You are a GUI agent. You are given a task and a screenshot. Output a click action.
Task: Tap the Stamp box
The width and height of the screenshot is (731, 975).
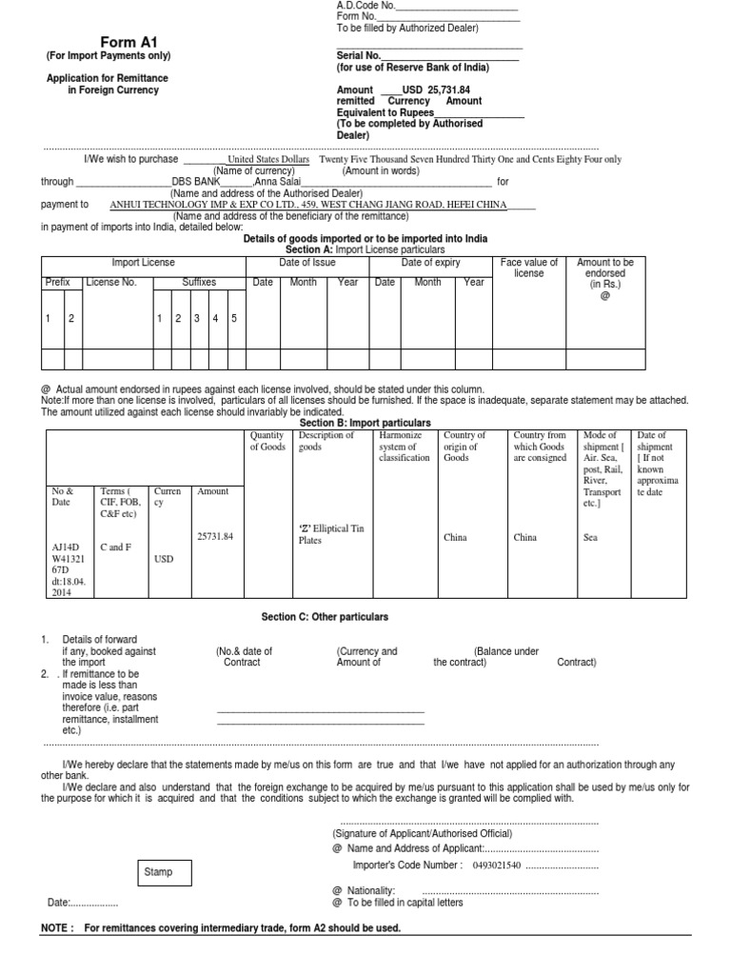click(x=158, y=872)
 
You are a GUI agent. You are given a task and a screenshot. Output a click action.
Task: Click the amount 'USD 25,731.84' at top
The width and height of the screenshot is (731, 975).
click(x=436, y=90)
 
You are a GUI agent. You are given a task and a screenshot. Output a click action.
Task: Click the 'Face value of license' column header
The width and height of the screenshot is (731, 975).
click(x=528, y=268)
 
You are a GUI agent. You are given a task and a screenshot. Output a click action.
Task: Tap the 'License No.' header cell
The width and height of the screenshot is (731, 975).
click(x=110, y=283)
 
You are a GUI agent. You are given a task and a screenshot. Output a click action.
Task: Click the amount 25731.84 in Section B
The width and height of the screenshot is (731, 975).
click(x=214, y=536)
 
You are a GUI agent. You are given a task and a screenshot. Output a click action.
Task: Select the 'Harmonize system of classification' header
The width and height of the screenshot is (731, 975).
click(x=405, y=447)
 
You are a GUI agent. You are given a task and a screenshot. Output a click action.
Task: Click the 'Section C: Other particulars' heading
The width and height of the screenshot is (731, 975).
click(x=325, y=617)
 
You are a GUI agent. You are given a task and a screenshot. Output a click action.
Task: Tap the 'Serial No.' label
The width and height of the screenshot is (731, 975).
click(x=358, y=57)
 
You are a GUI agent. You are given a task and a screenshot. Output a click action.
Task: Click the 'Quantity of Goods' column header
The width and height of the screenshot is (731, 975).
click(x=267, y=441)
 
